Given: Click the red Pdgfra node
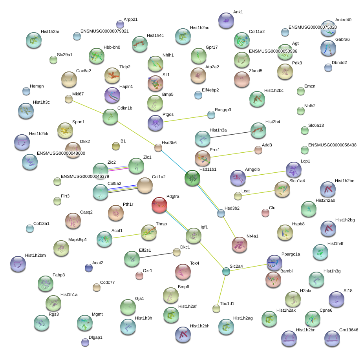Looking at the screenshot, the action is coord(159,205).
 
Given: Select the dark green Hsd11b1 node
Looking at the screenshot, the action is coord(192,178).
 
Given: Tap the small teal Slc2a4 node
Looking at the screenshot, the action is coord(226,271).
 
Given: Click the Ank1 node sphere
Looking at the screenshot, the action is coord(226,21).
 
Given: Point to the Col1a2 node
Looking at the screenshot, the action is coord(145,185).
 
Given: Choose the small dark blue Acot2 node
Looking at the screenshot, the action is coord(89,268).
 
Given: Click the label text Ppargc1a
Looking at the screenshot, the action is coord(291,254).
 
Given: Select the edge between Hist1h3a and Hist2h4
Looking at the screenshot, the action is coord(230,135).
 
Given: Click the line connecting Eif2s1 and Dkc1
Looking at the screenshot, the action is coord(156,255).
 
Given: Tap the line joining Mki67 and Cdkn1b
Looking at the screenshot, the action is coord(88,107).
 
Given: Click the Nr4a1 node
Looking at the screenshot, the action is coord(240,245).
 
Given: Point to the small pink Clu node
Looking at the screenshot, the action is coord(265,213).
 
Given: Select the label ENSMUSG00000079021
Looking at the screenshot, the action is coord(104,31).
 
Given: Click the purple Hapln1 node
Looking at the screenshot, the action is coord(112,95).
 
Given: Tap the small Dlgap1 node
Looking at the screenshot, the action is coord(85,342).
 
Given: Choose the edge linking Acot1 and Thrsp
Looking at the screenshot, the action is coord(126,236).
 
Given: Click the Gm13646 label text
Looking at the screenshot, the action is coord(349,330).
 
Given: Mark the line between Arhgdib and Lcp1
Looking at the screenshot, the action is coord(266,174).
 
